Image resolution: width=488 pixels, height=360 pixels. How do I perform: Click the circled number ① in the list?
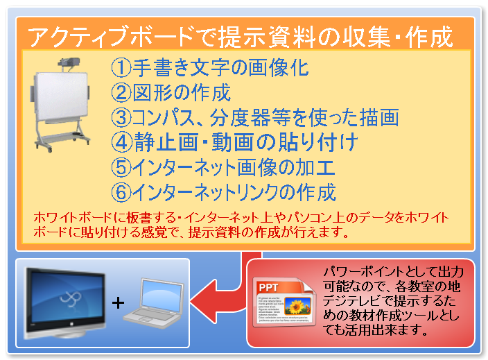[x=121, y=67]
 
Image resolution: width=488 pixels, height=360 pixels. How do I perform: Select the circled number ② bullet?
[x=121, y=92]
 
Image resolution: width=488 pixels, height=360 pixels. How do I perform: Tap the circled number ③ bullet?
[x=121, y=117]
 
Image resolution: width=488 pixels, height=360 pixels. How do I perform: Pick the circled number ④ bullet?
[x=122, y=142]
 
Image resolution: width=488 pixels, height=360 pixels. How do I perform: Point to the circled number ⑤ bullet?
[x=121, y=167]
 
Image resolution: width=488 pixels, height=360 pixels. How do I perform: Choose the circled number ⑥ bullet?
[x=121, y=192]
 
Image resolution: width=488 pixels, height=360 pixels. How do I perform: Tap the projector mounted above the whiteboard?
[x=69, y=64]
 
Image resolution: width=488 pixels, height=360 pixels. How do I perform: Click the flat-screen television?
[x=65, y=302]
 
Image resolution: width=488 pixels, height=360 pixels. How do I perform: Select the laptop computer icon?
[x=154, y=303]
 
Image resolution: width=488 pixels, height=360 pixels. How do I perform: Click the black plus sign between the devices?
[x=118, y=302]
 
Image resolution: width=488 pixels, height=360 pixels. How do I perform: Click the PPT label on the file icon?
[x=268, y=288]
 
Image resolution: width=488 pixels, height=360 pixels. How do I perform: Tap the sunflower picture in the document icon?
[x=298, y=305]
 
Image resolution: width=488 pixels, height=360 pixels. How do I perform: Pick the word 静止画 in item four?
[x=166, y=142]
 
